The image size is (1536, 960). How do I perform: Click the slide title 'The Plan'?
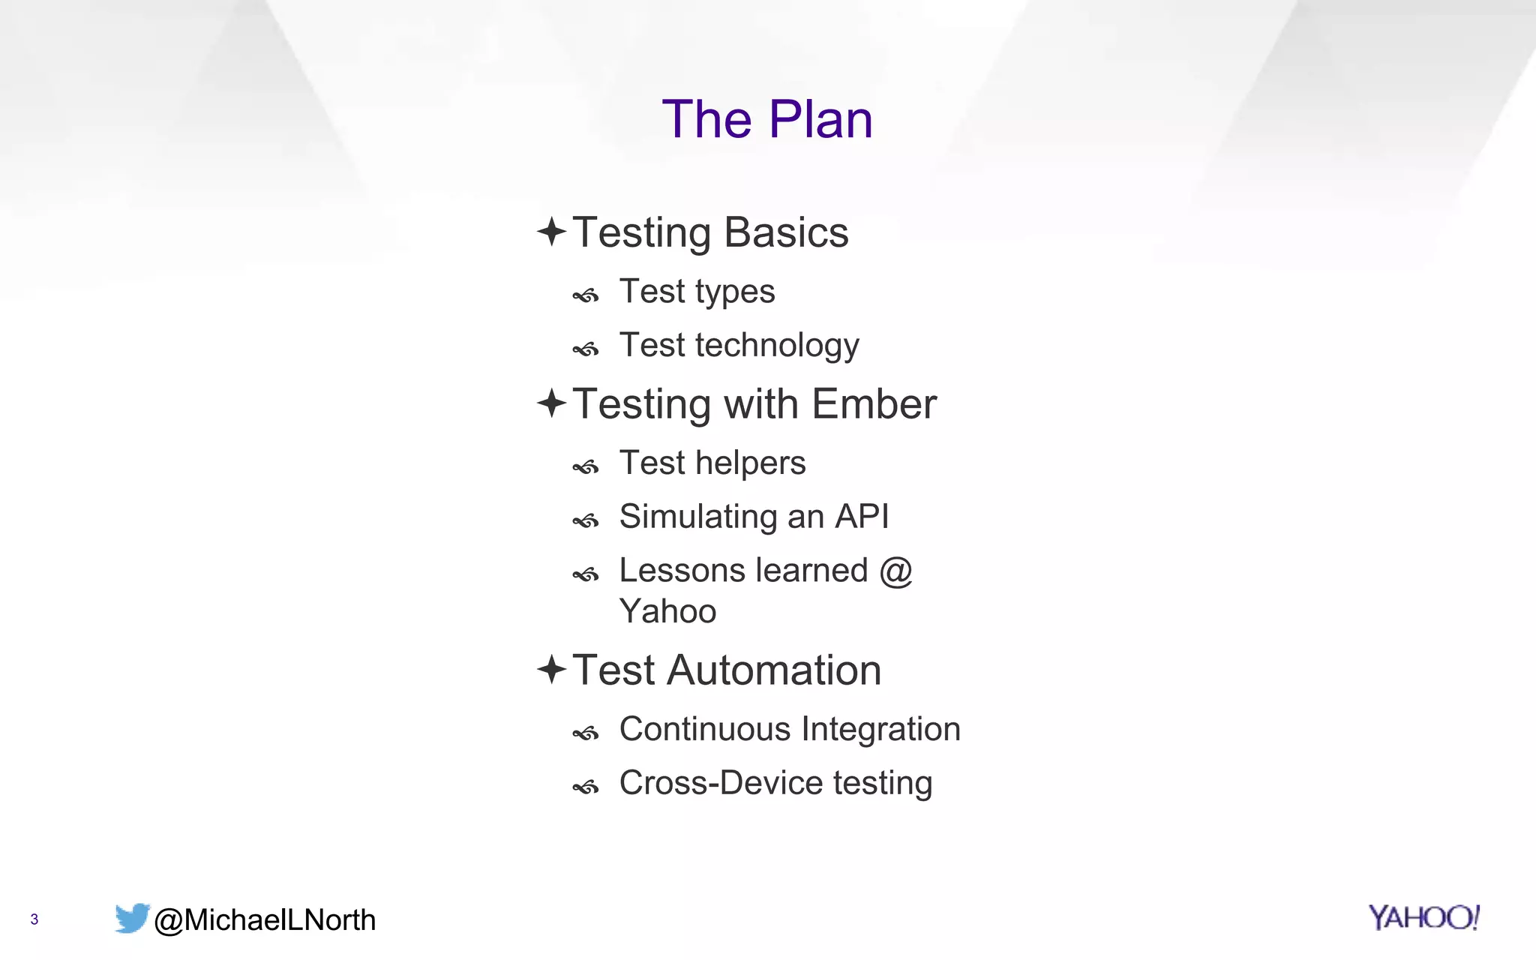click(x=767, y=119)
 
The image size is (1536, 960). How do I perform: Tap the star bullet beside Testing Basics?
click(x=552, y=232)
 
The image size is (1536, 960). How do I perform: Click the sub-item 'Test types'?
click(x=697, y=292)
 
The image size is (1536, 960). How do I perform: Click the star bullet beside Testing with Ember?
click(x=552, y=403)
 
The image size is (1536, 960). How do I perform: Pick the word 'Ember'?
click(x=874, y=404)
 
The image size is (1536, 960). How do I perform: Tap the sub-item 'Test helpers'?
click(x=712, y=463)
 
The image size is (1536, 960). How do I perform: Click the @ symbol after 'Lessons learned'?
click(x=895, y=571)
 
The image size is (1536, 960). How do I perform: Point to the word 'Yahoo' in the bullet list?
click(x=667, y=611)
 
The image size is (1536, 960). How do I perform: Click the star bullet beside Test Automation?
click(x=552, y=669)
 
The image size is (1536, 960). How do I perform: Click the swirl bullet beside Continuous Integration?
click(x=586, y=733)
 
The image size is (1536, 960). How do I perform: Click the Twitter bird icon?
click(x=132, y=918)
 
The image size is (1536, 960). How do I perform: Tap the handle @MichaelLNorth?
click(x=264, y=920)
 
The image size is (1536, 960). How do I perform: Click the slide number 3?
click(x=34, y=919)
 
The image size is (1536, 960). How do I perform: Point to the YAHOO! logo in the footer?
click(x=1423, y=917)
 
